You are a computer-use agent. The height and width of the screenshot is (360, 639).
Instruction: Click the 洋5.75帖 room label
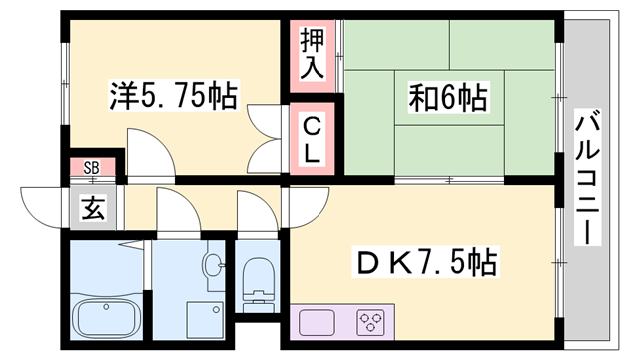172,97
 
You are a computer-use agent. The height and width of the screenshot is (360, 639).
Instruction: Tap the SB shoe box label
91,168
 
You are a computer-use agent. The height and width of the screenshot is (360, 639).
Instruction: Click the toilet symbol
258,281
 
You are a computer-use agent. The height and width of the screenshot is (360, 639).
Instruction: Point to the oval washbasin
213,266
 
